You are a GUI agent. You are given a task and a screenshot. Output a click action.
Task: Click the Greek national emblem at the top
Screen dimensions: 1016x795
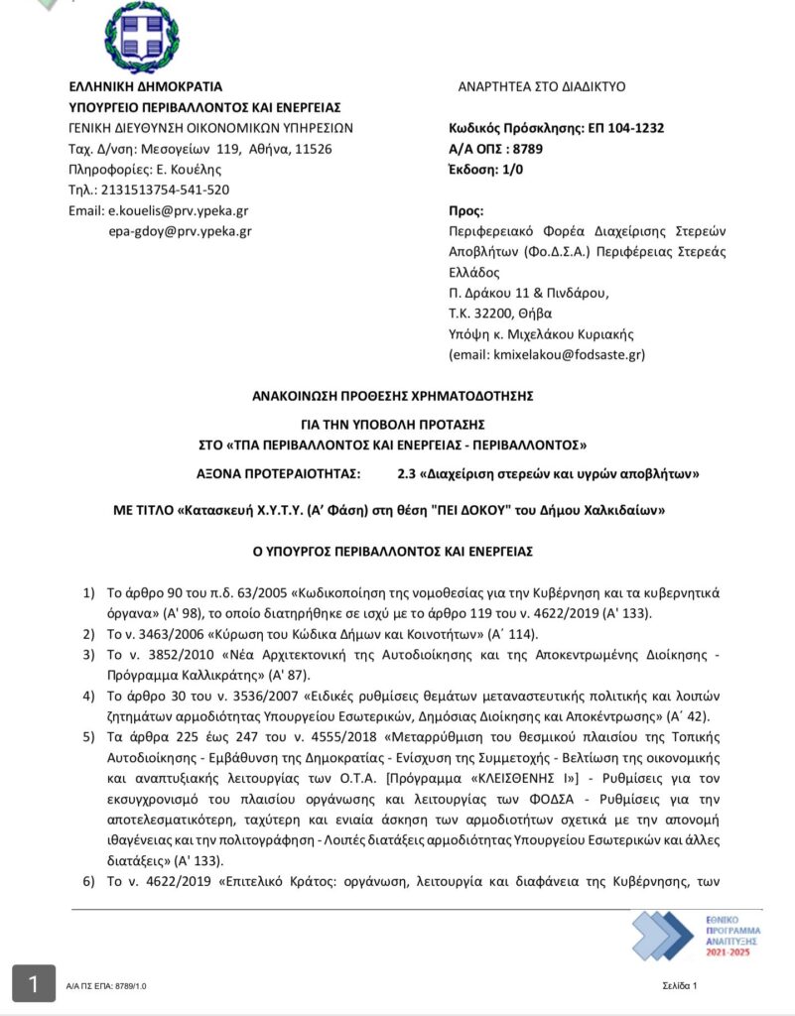point(142,37)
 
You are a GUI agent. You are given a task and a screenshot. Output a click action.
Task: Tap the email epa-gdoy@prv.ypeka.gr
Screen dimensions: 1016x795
point(180,231)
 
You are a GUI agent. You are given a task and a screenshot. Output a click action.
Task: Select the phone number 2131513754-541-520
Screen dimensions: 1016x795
point(163,190)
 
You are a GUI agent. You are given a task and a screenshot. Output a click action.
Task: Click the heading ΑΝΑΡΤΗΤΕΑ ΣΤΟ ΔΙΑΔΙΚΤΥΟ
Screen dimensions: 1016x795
point(541,86)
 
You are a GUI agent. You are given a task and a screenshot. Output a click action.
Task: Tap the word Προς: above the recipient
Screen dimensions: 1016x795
point(467,210)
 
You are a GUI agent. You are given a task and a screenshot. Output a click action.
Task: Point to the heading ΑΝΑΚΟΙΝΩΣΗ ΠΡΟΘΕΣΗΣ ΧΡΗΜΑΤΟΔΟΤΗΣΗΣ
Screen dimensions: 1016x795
point(394,395)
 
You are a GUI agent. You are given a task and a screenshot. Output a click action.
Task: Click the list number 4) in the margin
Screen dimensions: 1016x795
point(87,698)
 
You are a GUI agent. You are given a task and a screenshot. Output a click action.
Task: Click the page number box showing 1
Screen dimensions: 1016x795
point(34,984)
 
